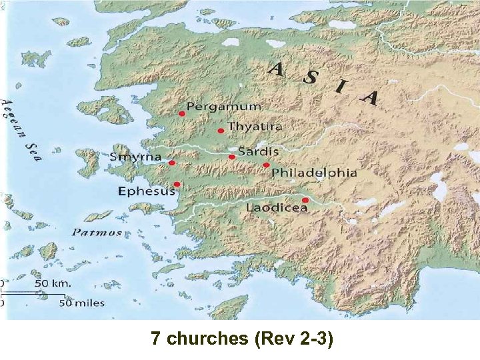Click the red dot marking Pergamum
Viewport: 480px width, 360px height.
[181, 114]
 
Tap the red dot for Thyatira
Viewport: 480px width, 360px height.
[220, 131]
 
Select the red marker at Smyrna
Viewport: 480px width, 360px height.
[172, 163]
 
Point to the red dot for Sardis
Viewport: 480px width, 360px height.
[231, 157]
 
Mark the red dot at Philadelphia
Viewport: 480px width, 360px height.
[266, 165]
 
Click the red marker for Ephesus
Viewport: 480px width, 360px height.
[177, 184]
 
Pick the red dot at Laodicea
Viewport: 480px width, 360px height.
[305, 200]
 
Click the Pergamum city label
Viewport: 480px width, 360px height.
[224, 107]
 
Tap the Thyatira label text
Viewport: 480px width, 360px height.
[255, 126]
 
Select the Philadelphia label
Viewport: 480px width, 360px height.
[314, 173]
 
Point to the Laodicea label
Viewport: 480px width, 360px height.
[277, 207]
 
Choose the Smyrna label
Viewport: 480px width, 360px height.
[136, 157]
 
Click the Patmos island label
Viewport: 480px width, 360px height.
[97, 233]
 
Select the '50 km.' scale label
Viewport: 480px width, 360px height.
[53, 283]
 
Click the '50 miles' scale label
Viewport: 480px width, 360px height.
[82, 303]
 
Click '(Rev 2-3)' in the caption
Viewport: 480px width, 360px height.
[293, 339]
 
